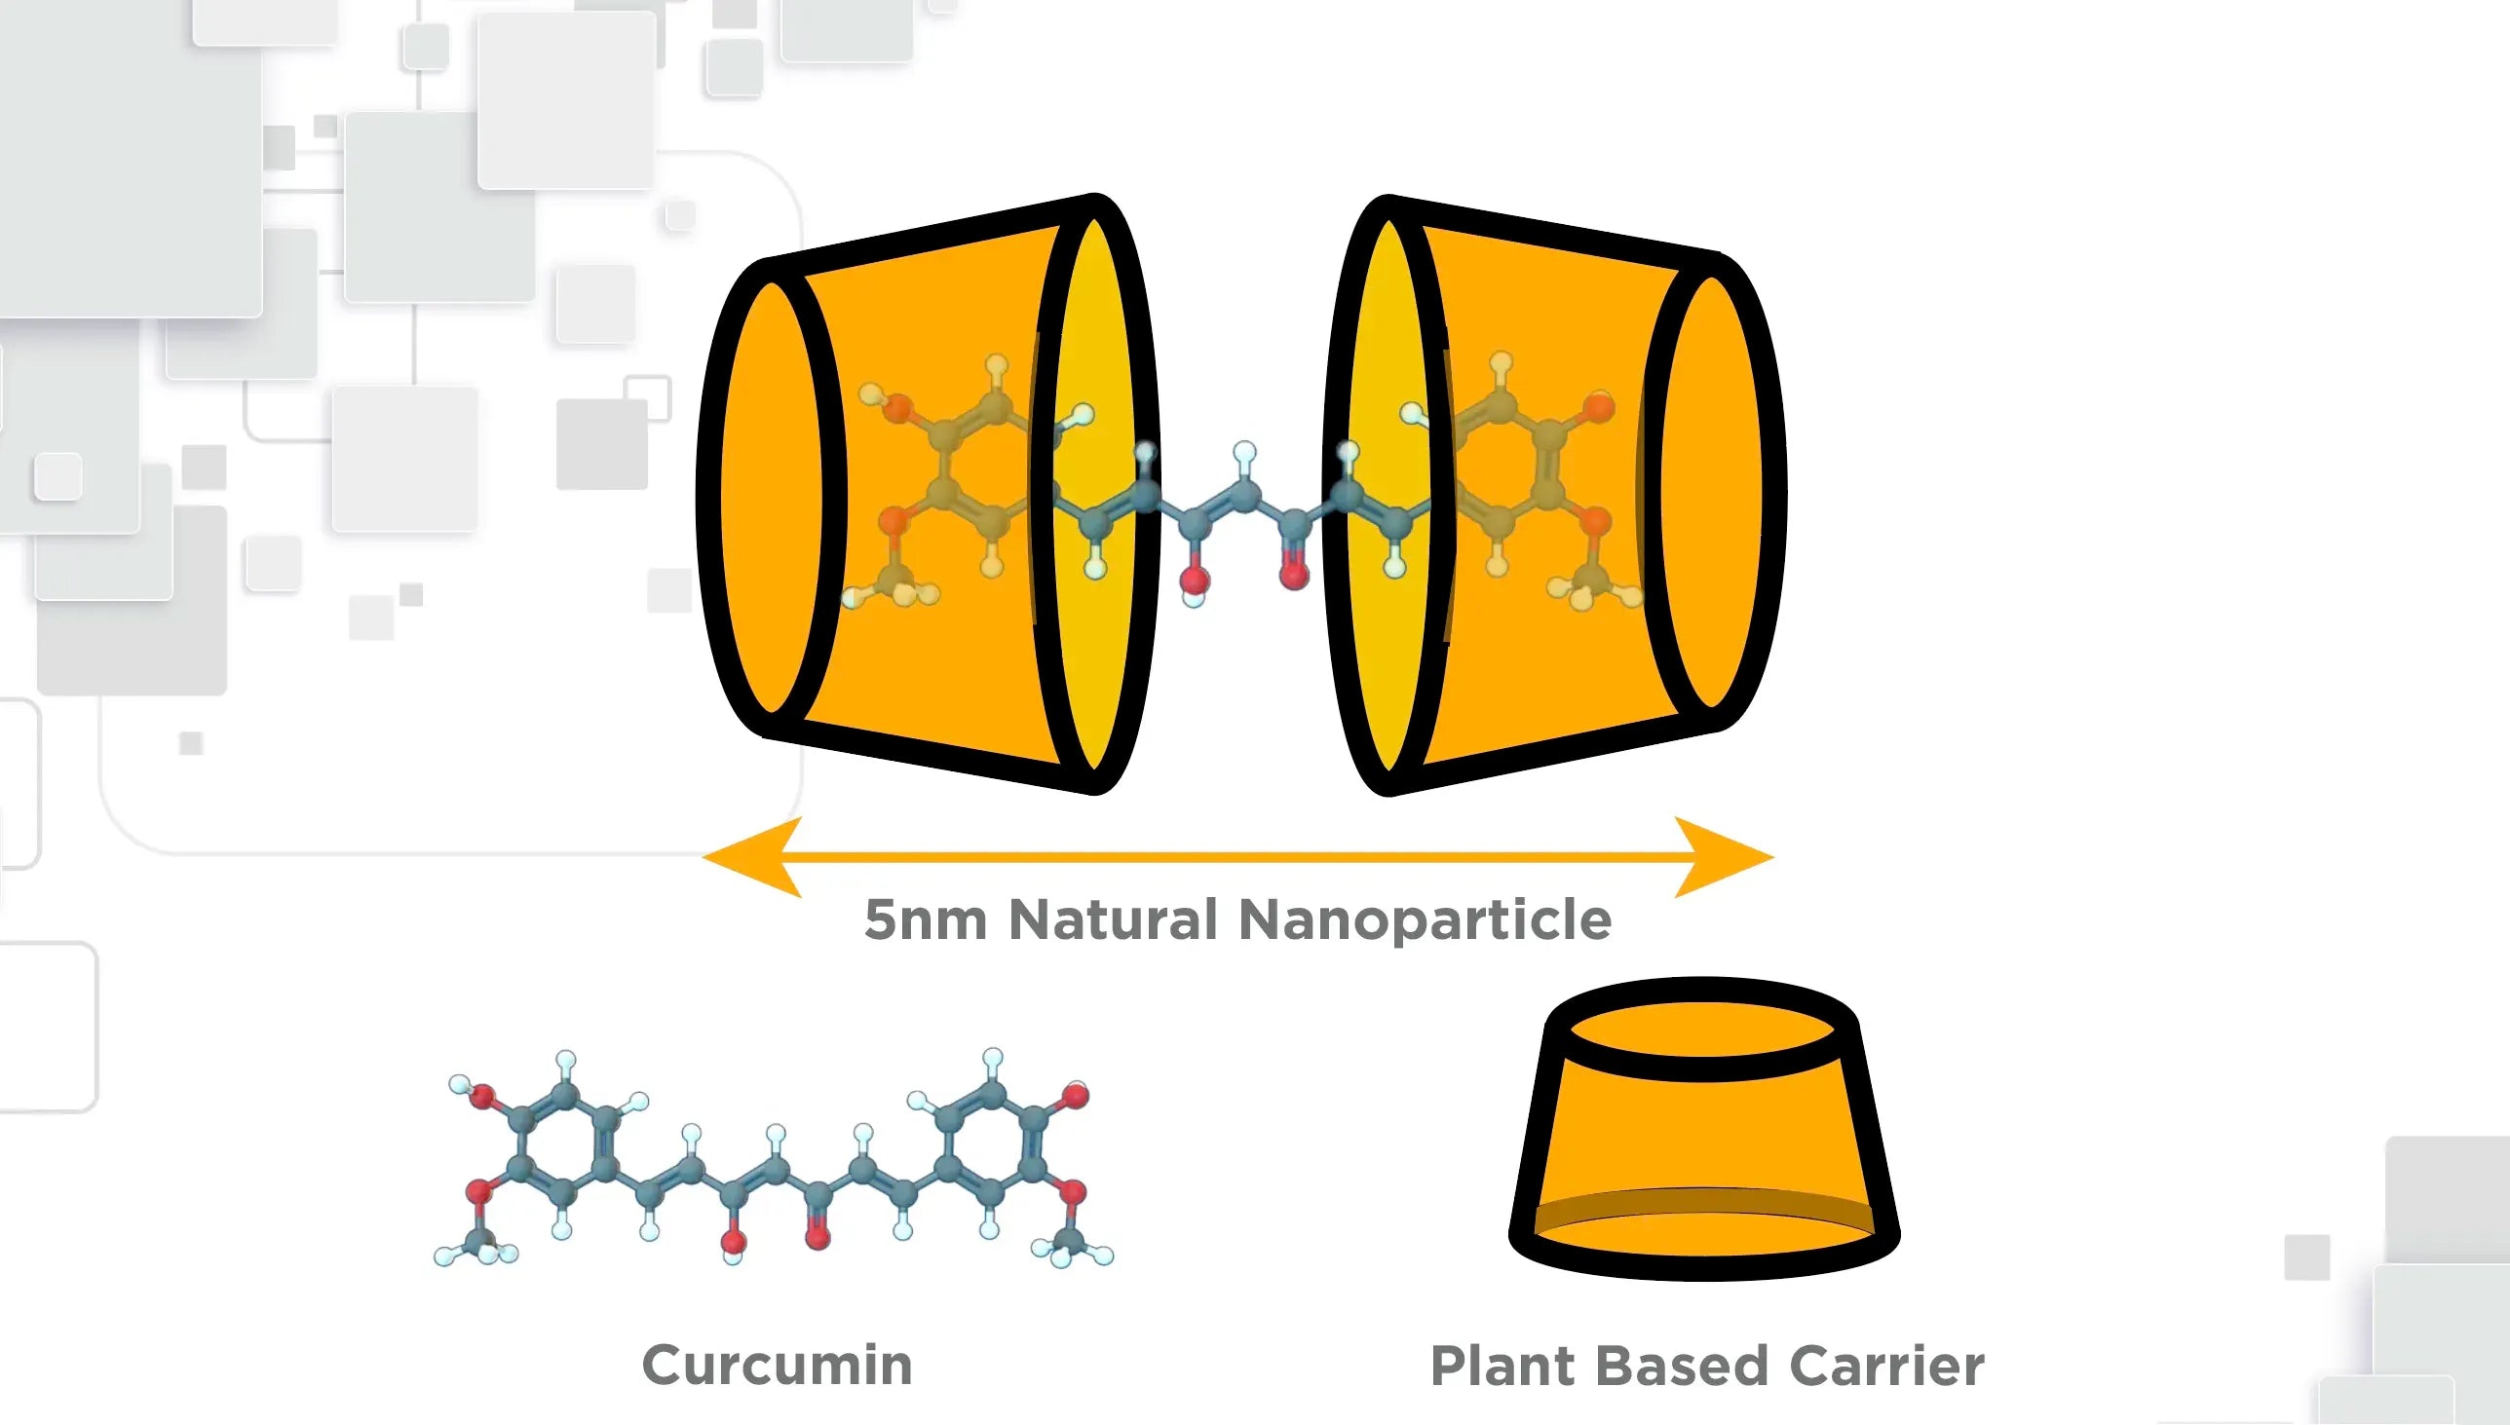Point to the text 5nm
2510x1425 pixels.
[x=924, y=920]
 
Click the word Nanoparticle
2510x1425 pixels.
[x=1425, y=921]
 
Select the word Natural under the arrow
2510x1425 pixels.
[x=1112, y=920]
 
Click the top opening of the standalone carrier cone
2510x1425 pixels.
[x=1702, y=1031]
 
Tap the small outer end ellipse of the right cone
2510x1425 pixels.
[x=1711, y=494]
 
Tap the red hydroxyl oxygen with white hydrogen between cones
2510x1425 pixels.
[x=1195, y=581]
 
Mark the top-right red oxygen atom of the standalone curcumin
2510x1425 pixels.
[x=1075, y=1095]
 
